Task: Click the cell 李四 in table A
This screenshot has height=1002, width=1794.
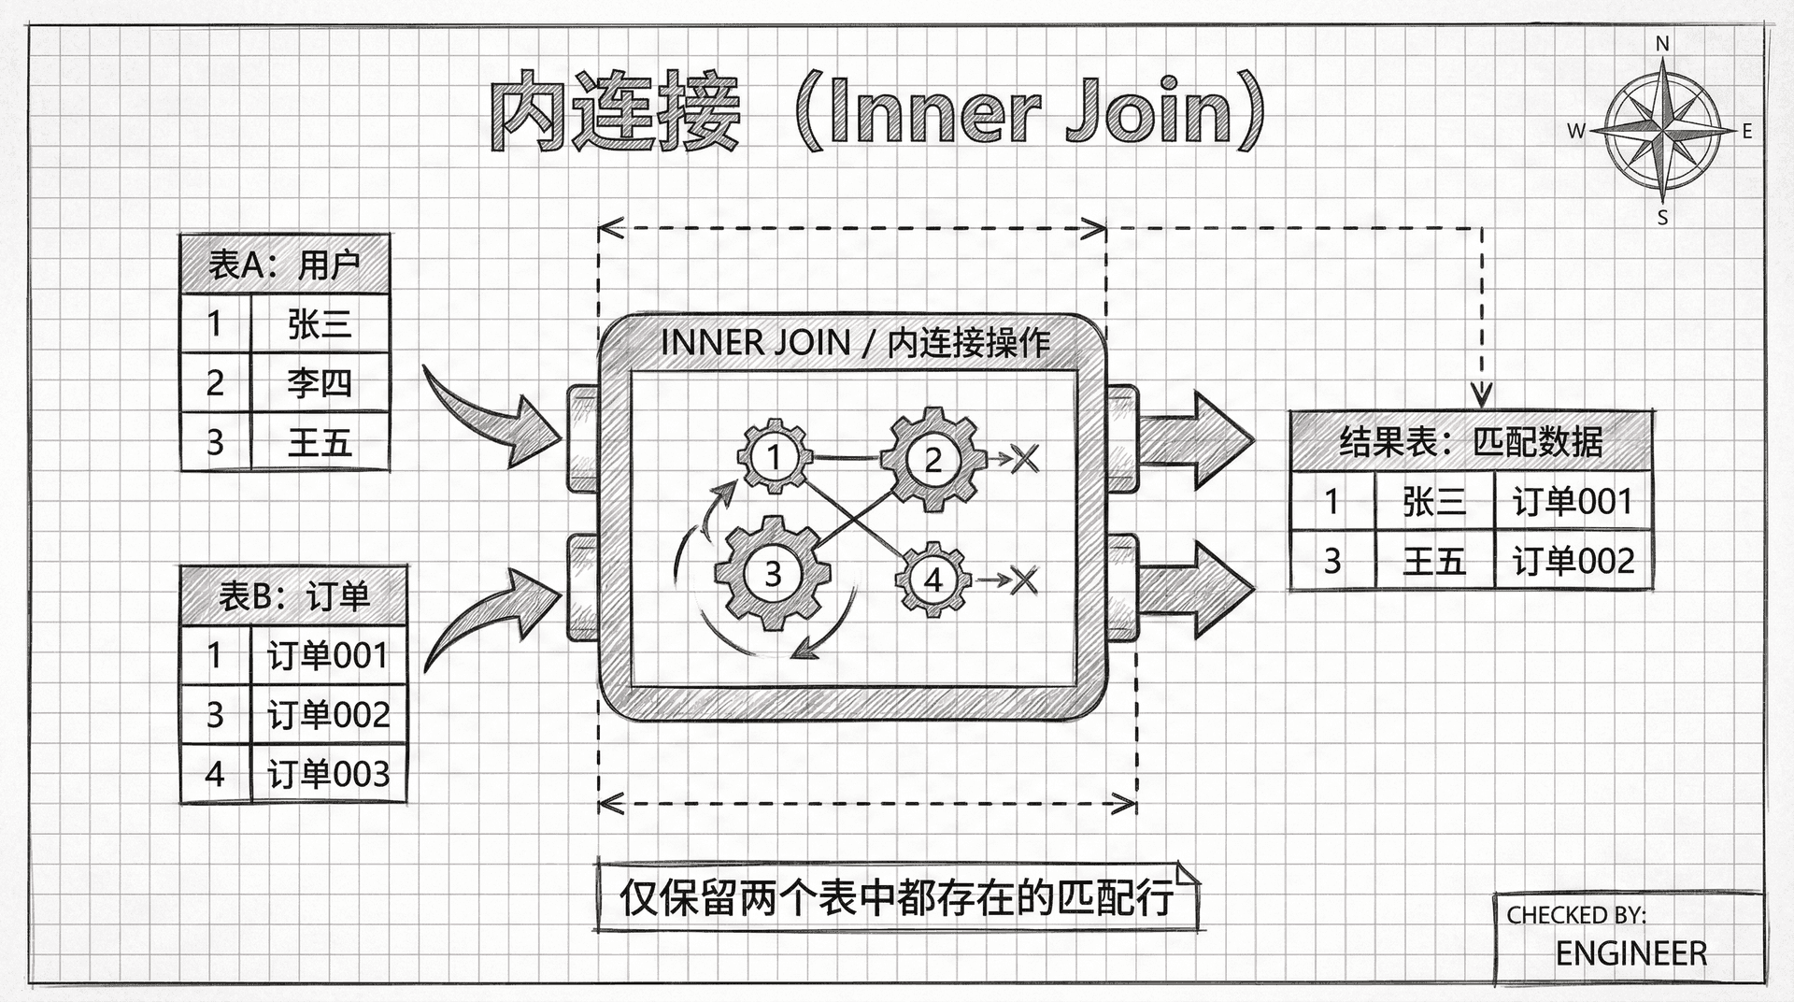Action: coord(320,382)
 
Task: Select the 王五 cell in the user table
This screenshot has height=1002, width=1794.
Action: coord(320,441)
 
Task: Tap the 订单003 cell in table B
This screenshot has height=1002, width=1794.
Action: coord(328,774)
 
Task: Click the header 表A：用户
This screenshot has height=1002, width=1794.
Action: coord(284,265)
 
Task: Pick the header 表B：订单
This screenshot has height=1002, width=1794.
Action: coord(293,595)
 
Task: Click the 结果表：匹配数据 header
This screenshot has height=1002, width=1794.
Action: coord(1471,441)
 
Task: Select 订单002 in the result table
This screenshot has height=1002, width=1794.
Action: coord(1573,561)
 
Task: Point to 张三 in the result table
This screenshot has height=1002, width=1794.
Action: coord(1433,502)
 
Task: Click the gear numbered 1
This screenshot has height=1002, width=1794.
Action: coord(774,457)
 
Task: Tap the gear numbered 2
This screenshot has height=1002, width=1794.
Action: coord(933,459)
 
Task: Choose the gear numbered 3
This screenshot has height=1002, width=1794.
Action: coord(773,573)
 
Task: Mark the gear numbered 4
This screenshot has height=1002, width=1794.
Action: coord(933,580)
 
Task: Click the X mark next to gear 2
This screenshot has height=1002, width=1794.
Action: coord(1025,458)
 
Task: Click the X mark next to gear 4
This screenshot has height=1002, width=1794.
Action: coord(1024,580)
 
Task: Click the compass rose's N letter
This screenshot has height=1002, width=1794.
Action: coord(1662,44)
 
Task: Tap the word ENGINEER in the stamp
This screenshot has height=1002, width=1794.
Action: coord(1630,953)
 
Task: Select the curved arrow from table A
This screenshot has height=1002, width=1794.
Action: coord(491,416)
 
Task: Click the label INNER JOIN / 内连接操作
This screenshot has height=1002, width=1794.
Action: coord(855,343)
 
